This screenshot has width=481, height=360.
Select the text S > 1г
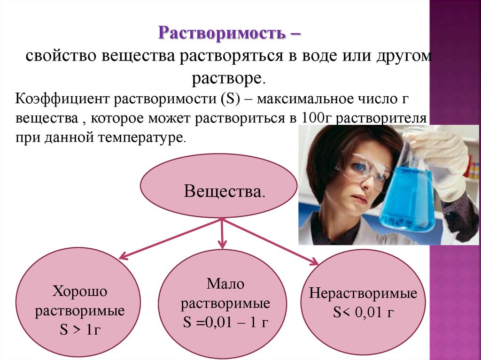click(80, 330)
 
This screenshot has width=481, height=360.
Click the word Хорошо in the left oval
click(80, 291)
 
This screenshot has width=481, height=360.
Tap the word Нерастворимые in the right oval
click(363, 294)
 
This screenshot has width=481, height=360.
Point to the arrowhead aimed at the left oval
click(123, 256)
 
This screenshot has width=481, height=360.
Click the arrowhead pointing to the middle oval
click(222, 244)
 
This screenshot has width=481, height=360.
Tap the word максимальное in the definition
click(322, 100)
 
